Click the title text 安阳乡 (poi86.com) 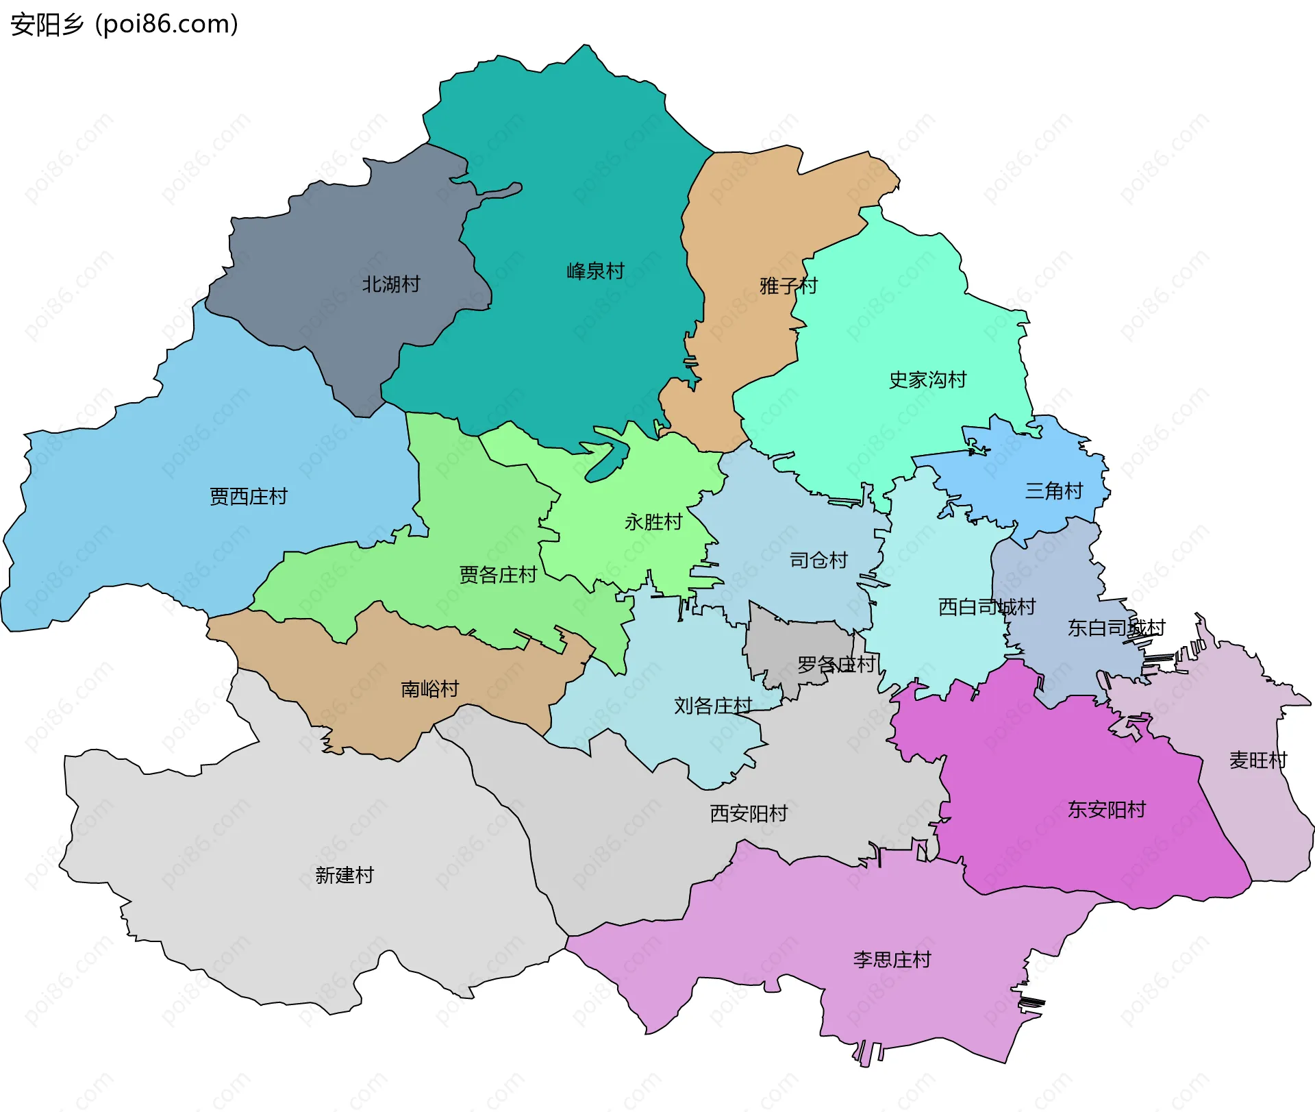(124, 24)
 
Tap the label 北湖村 (391, 284)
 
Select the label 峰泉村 (595, 271)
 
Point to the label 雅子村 (788, 285)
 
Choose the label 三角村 (1053, 491)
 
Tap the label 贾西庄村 (249, 496)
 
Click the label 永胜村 (653, 522)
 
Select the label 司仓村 (818, 560)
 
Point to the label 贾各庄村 (498, 574)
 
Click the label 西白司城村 (986, 606)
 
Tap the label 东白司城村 (1116, 628)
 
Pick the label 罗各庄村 (836, 664)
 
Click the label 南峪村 (429, 689)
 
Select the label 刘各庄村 (713, 705)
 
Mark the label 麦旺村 (1258, 760)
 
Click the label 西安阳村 (749, 813)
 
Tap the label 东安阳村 (1106, 809)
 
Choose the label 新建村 (345, 875)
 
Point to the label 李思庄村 (892, 959)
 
